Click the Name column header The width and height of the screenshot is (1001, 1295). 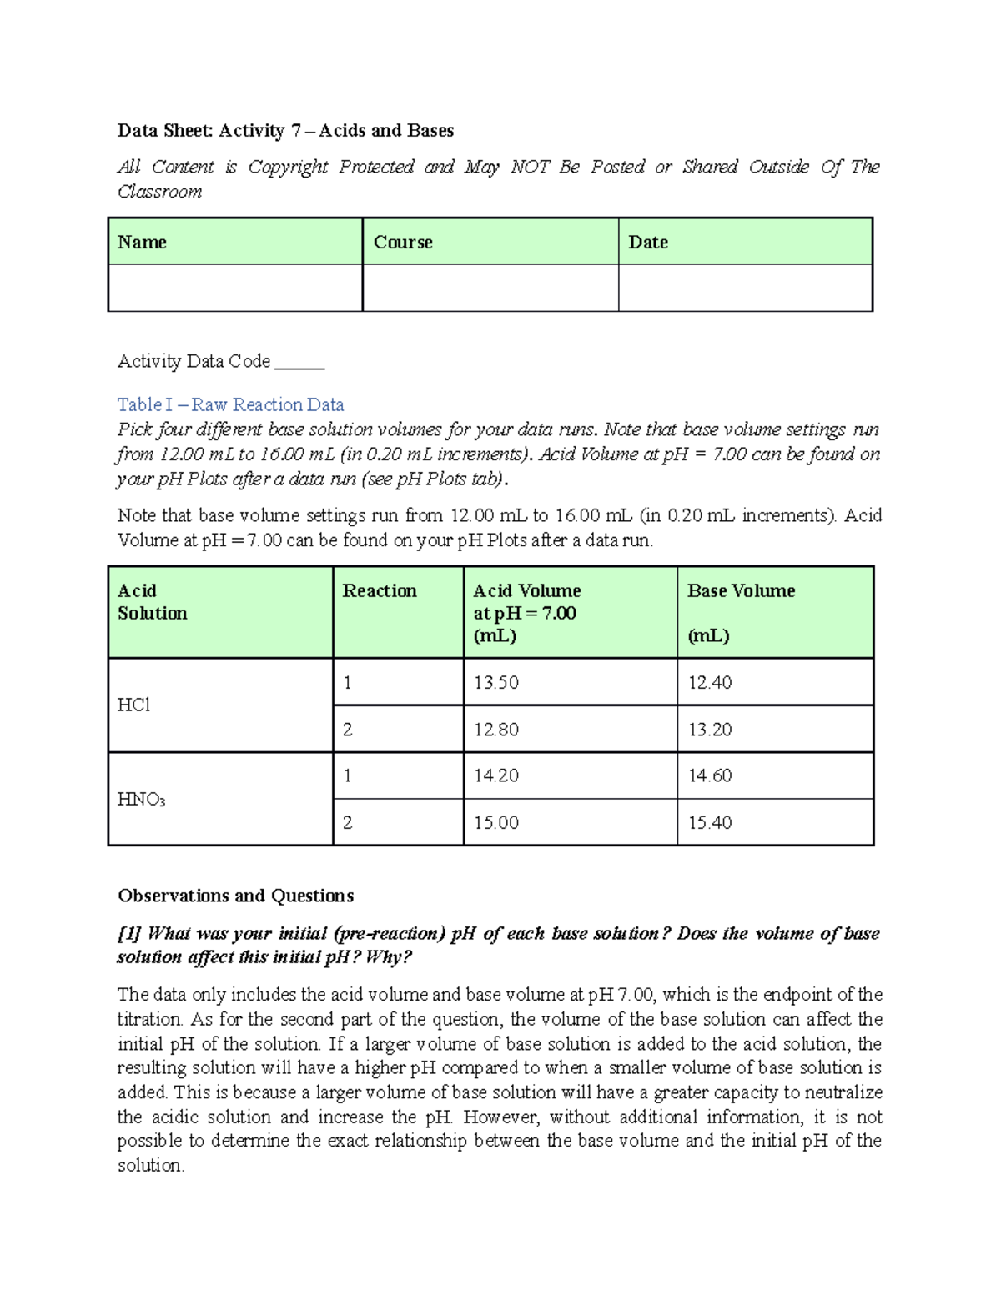click(x=143, y=243)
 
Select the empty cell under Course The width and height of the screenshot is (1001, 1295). click(x=490, y=288)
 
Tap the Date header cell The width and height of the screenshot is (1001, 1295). click(x=648, y=243)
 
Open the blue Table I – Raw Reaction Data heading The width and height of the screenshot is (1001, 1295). click(x=231, y=405)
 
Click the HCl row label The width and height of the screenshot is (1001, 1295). click(x=134, y=705)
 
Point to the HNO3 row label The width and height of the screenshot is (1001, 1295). click(x=141, y=800)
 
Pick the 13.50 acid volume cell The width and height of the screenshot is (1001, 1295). click(x=496, y=683)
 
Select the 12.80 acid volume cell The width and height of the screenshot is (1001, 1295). click(x=496, y=730)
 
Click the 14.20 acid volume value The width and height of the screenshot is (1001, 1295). click(x=496, y=776)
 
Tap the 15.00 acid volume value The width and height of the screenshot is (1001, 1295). click(x=496, y=823)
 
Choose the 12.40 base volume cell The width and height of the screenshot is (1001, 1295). click(x=710, y=683)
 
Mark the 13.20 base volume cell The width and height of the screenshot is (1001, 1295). click(x=710, y=730)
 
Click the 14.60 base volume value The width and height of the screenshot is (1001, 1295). click(x=710, y=776)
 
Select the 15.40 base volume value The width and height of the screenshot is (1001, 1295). click(x=710, y=823)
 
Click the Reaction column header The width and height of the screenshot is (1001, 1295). click(x=380, y=591)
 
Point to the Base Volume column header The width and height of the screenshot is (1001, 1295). click(x=741, y=591)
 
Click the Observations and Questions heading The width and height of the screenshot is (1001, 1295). click(x=236, y=896)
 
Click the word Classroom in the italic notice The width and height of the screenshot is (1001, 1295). click(x=160, y=193)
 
